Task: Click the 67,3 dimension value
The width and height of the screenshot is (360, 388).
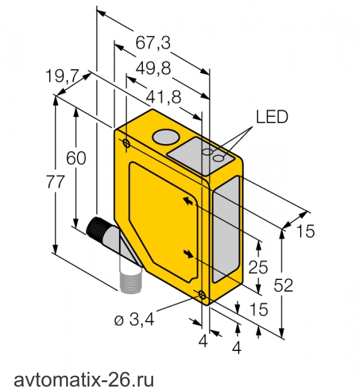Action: [153, 43]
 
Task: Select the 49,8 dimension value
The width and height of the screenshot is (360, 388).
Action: [154, 68]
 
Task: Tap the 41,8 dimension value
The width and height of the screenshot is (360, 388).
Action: [164, 97]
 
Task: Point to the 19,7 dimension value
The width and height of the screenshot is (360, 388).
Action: [62, 76]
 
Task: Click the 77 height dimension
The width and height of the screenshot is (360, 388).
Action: [56, 182]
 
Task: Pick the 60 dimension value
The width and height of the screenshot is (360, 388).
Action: [76, 158]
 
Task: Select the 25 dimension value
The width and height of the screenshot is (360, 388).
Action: [258, 267]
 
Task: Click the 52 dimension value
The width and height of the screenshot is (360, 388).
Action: [283, 285]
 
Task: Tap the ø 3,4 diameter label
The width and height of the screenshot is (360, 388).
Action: [134, 319]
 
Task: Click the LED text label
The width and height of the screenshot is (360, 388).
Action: [272, 117]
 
